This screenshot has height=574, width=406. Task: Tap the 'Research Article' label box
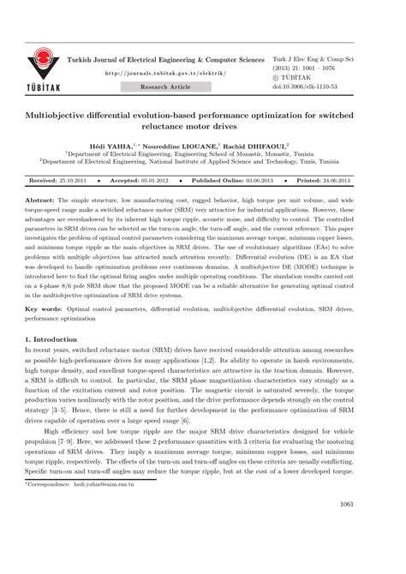click(166, 87)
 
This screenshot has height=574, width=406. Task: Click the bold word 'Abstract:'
click(43, 198)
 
